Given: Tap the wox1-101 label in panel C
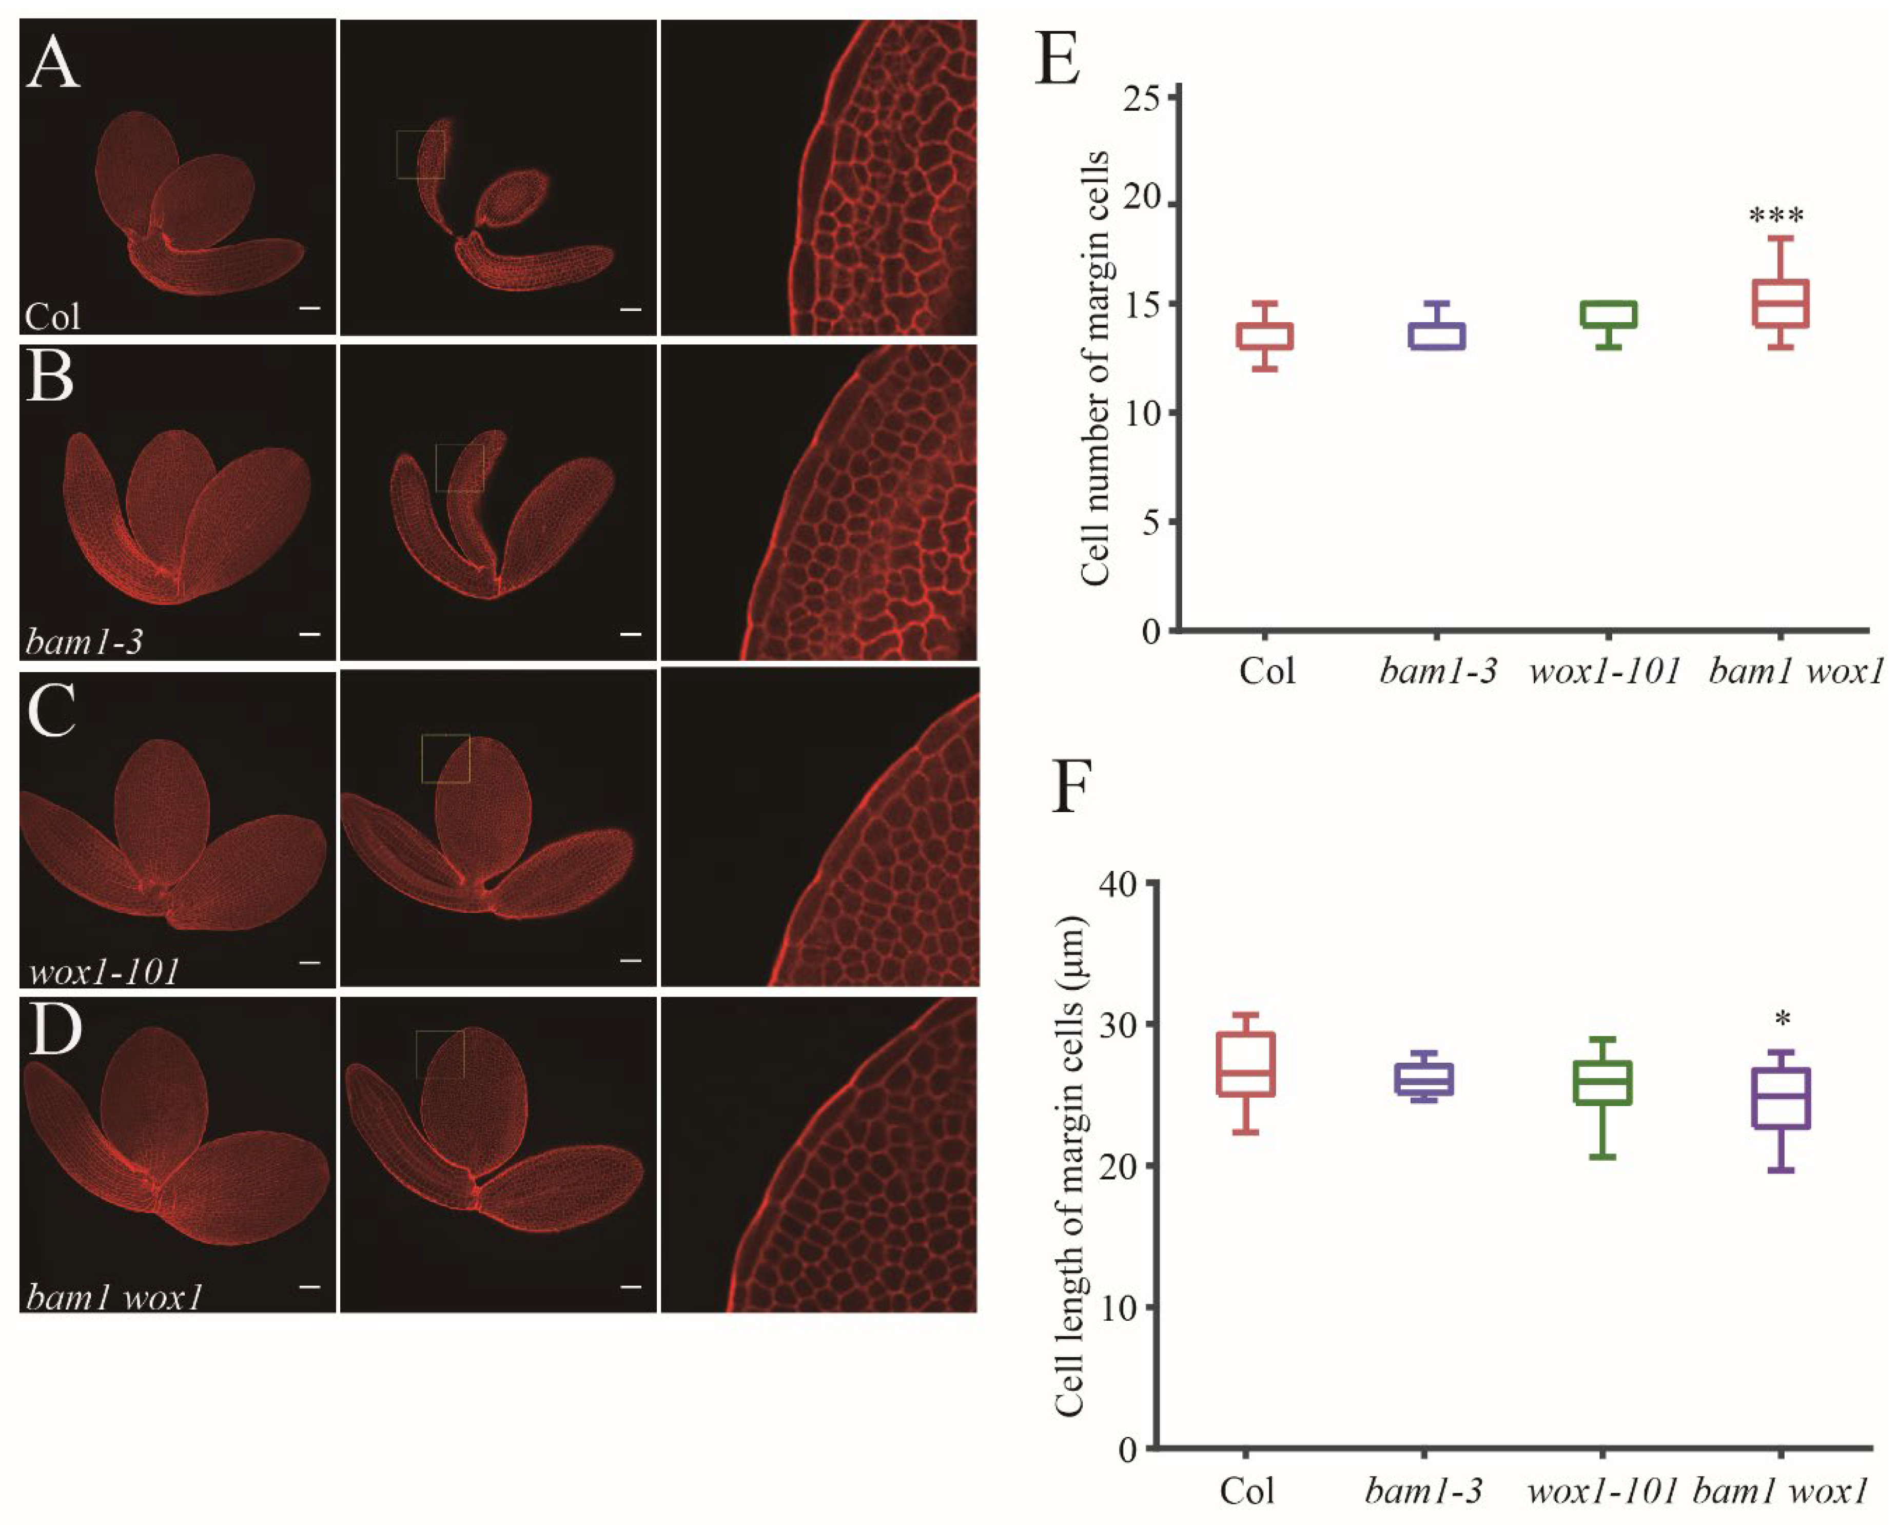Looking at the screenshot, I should (104, 971).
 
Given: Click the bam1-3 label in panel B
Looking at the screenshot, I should (84, 641).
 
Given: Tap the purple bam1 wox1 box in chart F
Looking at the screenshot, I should (1781, 1098).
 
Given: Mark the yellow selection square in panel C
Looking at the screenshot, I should (445, 758).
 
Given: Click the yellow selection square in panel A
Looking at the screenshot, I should (421, 155).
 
